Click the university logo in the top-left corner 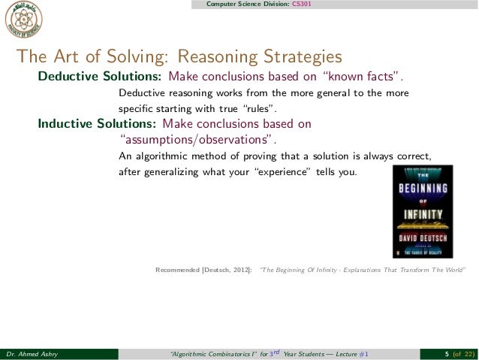23,20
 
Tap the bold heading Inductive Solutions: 97,123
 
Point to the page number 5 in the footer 447,354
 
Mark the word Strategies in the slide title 299,57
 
